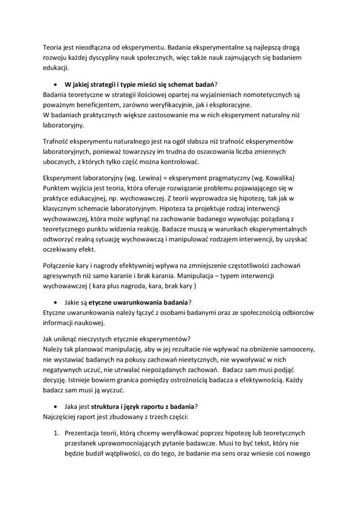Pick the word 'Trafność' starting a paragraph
pos(56,142)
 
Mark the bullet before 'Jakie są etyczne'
pos(56,302)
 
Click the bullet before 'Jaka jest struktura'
pos(56,406)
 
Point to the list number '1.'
pos(55,433)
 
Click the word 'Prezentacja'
pos(82,433)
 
